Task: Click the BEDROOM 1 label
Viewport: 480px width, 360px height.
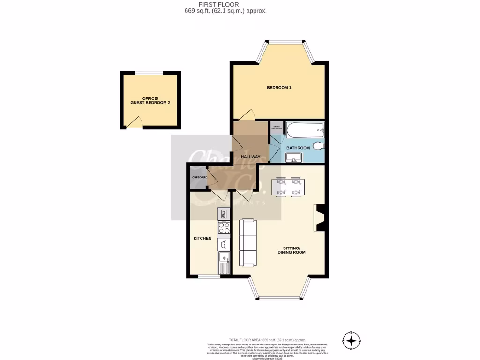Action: tap(279, 88)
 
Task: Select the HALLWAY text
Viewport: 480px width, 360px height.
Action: tap(250, 157)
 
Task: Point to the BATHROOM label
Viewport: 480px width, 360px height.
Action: tap(298, 148)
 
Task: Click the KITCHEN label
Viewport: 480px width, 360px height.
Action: tap(202, 238)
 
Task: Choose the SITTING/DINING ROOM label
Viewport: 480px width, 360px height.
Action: tap(294, 250)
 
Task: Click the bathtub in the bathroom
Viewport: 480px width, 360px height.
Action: tap(304, 129)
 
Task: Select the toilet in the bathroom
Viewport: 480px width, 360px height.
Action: tap(318, 146)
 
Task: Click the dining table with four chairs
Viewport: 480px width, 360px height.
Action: tap(288, 186)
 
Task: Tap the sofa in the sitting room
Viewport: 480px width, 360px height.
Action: tap(247, 242)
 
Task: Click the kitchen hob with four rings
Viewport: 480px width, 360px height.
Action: tap(224, 228)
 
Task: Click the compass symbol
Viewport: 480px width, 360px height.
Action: tap(351, 339)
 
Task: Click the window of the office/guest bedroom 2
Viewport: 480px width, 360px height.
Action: tap(150, 73)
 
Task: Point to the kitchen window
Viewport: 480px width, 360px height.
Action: tap(209, 277)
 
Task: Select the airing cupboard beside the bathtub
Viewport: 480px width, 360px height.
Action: tap(276, 127)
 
